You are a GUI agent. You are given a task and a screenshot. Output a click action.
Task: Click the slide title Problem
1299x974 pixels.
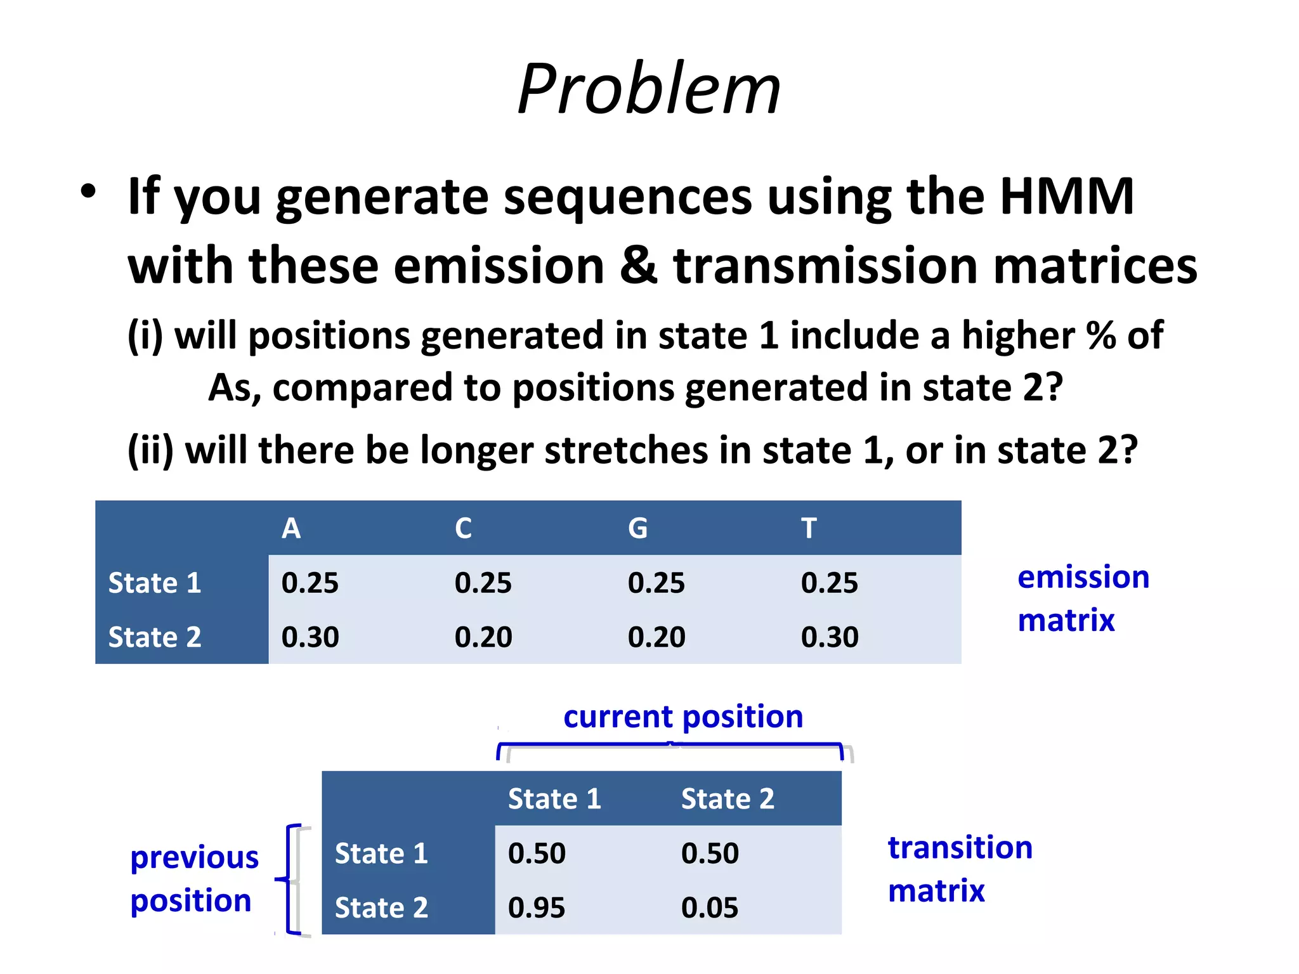pyautogui.click(x=649, y=89)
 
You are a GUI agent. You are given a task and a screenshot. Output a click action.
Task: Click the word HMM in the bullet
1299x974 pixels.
pyautogui.click(x=1067, y=197)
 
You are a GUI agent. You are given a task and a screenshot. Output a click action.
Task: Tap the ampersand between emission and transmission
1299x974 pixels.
pyautogui.click(x=638, y=265)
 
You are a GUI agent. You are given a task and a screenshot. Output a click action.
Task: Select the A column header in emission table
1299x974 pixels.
pyautogui.click(x=291, y=528)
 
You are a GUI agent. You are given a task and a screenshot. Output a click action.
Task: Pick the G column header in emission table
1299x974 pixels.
pyautogui.click(x=637, y=528)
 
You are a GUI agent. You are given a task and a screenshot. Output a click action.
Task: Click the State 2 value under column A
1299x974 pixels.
pyautogui.click(x=310, y=637)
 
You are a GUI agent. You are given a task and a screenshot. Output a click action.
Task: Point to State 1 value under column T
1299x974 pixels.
pyautogui.click(x=829, y=583)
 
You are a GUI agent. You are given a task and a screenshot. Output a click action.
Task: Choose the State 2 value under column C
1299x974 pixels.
pyautogui.click(x=483, y=637)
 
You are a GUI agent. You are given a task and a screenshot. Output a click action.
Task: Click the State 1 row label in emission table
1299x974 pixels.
pyautogui.click(x=155, y=583)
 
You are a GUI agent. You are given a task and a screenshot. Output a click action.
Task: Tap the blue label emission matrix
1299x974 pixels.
pyautogui.click(x=1082, y=598)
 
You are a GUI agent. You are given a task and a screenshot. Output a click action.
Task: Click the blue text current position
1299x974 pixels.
pyautogui.click(x=683, y=717)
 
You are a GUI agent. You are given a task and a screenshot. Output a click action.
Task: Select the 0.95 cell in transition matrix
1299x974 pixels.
pyautogui.click(x=537, y=907)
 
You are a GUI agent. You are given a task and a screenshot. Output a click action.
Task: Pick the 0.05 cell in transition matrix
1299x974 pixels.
pyautogui.click(x=709, y=907)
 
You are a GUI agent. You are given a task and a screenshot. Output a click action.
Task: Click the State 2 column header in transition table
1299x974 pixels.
pyautogui.click(x=728, y=799)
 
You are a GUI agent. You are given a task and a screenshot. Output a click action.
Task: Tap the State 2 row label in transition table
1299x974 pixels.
pyautogui.click(x=381, y=907)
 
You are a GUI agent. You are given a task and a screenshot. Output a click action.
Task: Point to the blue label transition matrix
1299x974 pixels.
pyautogui.click(x=959, y=869)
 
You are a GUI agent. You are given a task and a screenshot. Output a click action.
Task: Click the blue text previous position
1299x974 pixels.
pyautogui.click(x=193, y=879)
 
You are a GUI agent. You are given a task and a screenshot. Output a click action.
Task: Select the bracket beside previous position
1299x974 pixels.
pyautogui.click(x=290, y=880)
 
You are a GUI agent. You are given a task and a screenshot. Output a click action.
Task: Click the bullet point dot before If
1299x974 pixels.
pyautogui.click(x=88, y=192)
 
